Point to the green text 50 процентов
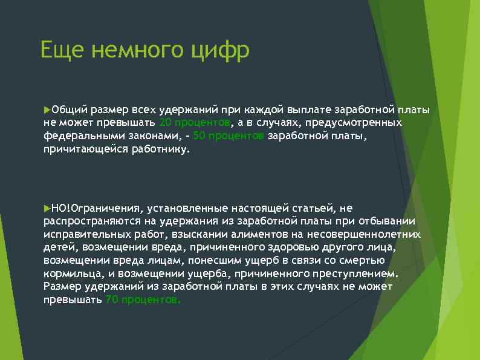pos(229,136)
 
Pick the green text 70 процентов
pos(143,299)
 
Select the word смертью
pos(363,260)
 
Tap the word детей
pos(58,247)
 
